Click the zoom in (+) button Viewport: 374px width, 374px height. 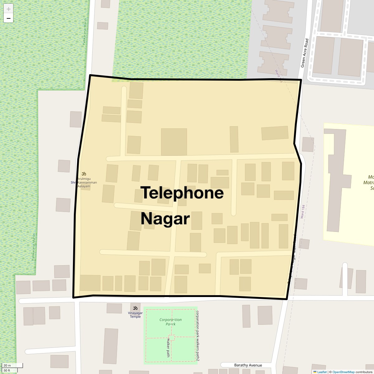click(x=8, y=9)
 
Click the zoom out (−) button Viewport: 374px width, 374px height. click(x=8, y=18)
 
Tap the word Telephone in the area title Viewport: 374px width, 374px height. click(x=182, y=193)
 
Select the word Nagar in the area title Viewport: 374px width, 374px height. click(x=165, y=219)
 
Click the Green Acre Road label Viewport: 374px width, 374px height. click(x=304, y=53)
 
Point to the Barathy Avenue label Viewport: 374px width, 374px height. click(x=248, y=365)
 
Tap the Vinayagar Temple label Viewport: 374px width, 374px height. click(x=135, y=315)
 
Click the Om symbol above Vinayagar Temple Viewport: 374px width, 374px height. click(x=135, y=308)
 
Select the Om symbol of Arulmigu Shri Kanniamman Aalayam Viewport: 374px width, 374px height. click(x=84, y=174)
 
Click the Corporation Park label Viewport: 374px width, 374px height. click(x=170, y=322)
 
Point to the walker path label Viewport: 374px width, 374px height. click(x=168, y=347)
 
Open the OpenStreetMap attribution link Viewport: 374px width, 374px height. click(x=343, y=372)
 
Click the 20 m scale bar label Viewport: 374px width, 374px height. click(x=7, y=366)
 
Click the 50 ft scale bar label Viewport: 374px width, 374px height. click(x=7, y=371)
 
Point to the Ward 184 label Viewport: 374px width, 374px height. click(x=302, y=211)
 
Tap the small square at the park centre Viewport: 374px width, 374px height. click(x=172, y=337)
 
